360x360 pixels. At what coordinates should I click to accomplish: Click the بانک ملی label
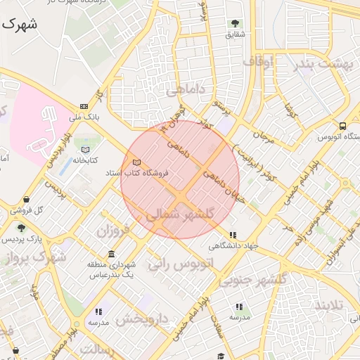(x=89, y=116)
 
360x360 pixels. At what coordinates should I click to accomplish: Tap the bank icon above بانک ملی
(x=85, y=105)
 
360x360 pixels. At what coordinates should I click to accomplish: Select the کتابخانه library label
(x=86, y=160)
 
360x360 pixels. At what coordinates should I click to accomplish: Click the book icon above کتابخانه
(x=86, y=150)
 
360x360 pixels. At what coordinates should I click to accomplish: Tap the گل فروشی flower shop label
(x=31, y=210)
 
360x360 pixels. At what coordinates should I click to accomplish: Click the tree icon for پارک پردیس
(x=21, y=228)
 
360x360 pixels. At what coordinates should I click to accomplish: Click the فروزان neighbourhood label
(x=113, y=230)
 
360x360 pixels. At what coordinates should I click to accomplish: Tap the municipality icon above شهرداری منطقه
(x=111, y=254)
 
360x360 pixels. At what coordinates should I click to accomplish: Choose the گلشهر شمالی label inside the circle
(x=188, y=214)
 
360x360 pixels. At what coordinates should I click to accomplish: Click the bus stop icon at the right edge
(x=342, y=127)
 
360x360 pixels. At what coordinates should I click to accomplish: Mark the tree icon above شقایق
(x=235, y=23)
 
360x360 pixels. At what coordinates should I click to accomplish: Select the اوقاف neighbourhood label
(x=258, y=62)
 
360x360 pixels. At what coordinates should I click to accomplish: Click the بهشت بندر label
(x=324, y=63)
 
